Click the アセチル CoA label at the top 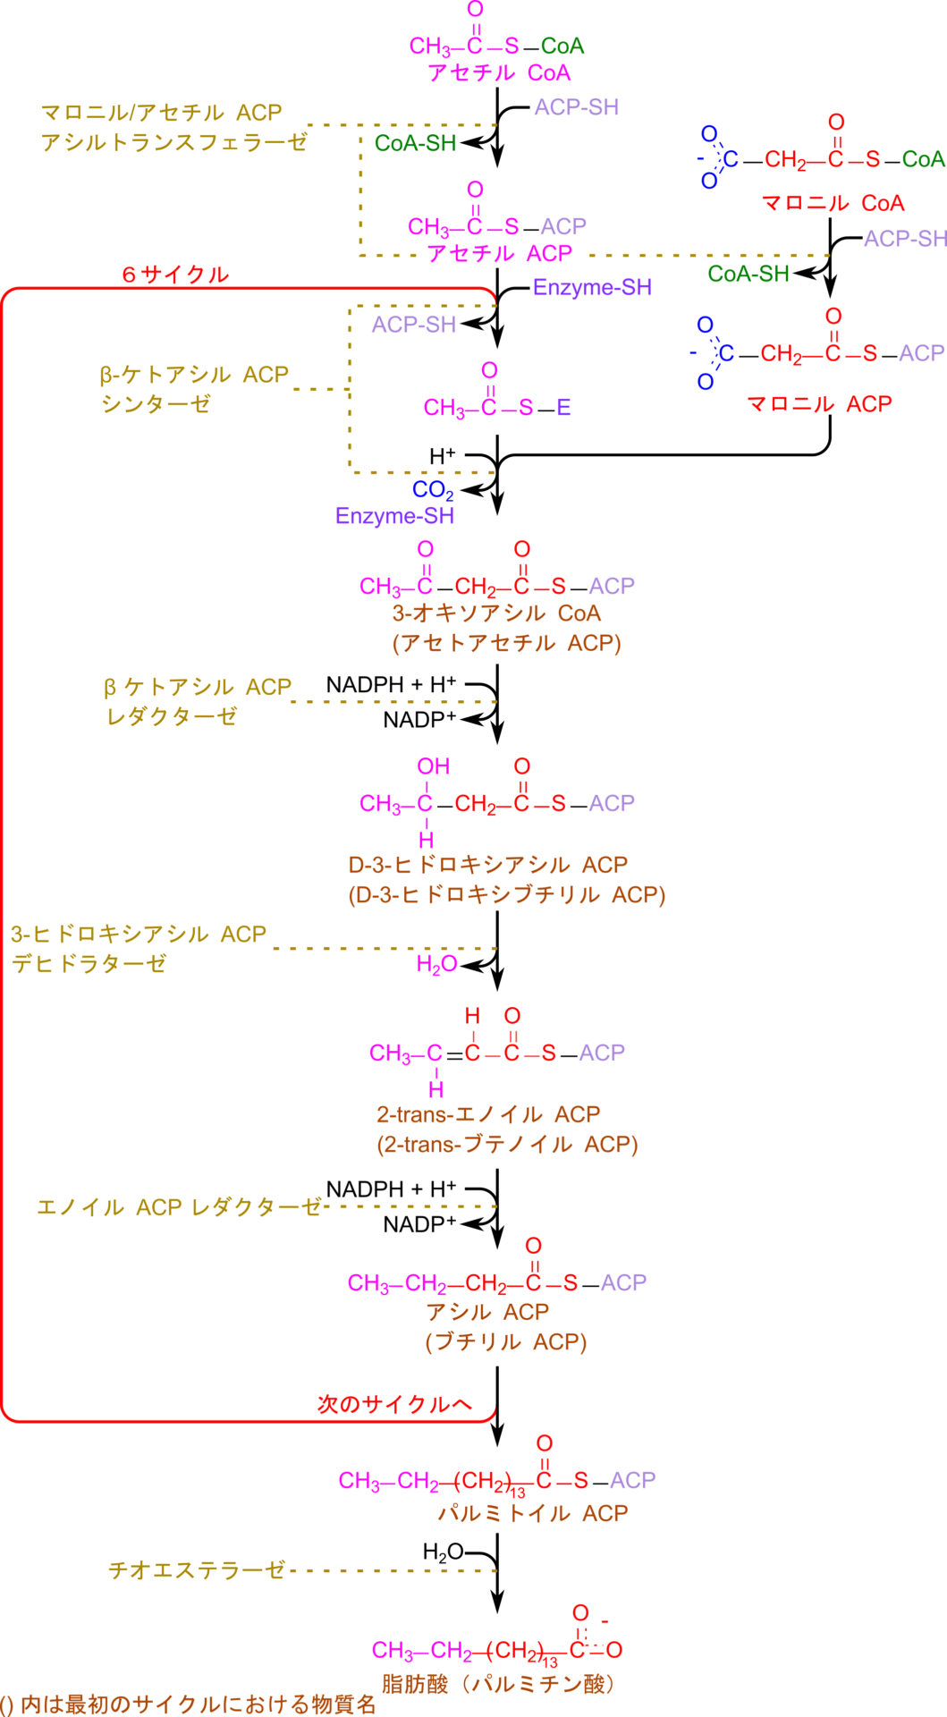[498, 72]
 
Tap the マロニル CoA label [833, 204]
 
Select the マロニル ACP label [818, 404]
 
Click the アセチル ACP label [498, 254]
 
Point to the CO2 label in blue [433, 490]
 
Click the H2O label [436, 964]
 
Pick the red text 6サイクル [175, 275]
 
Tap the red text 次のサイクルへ [393, 1404]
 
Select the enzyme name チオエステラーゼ [197, 1570]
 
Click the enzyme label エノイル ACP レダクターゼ [179, 1207]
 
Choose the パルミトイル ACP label [532, 1513]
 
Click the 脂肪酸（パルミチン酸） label [497, 1685]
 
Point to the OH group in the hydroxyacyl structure [433, 767]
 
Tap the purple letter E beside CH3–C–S [563, 408]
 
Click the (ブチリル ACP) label [505, 1342]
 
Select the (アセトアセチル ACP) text [506, 643]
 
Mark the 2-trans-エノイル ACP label [487, 1115]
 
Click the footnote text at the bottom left [188, 1704]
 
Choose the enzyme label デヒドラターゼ [89, 963]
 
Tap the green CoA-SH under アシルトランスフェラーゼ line [415, 143]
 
